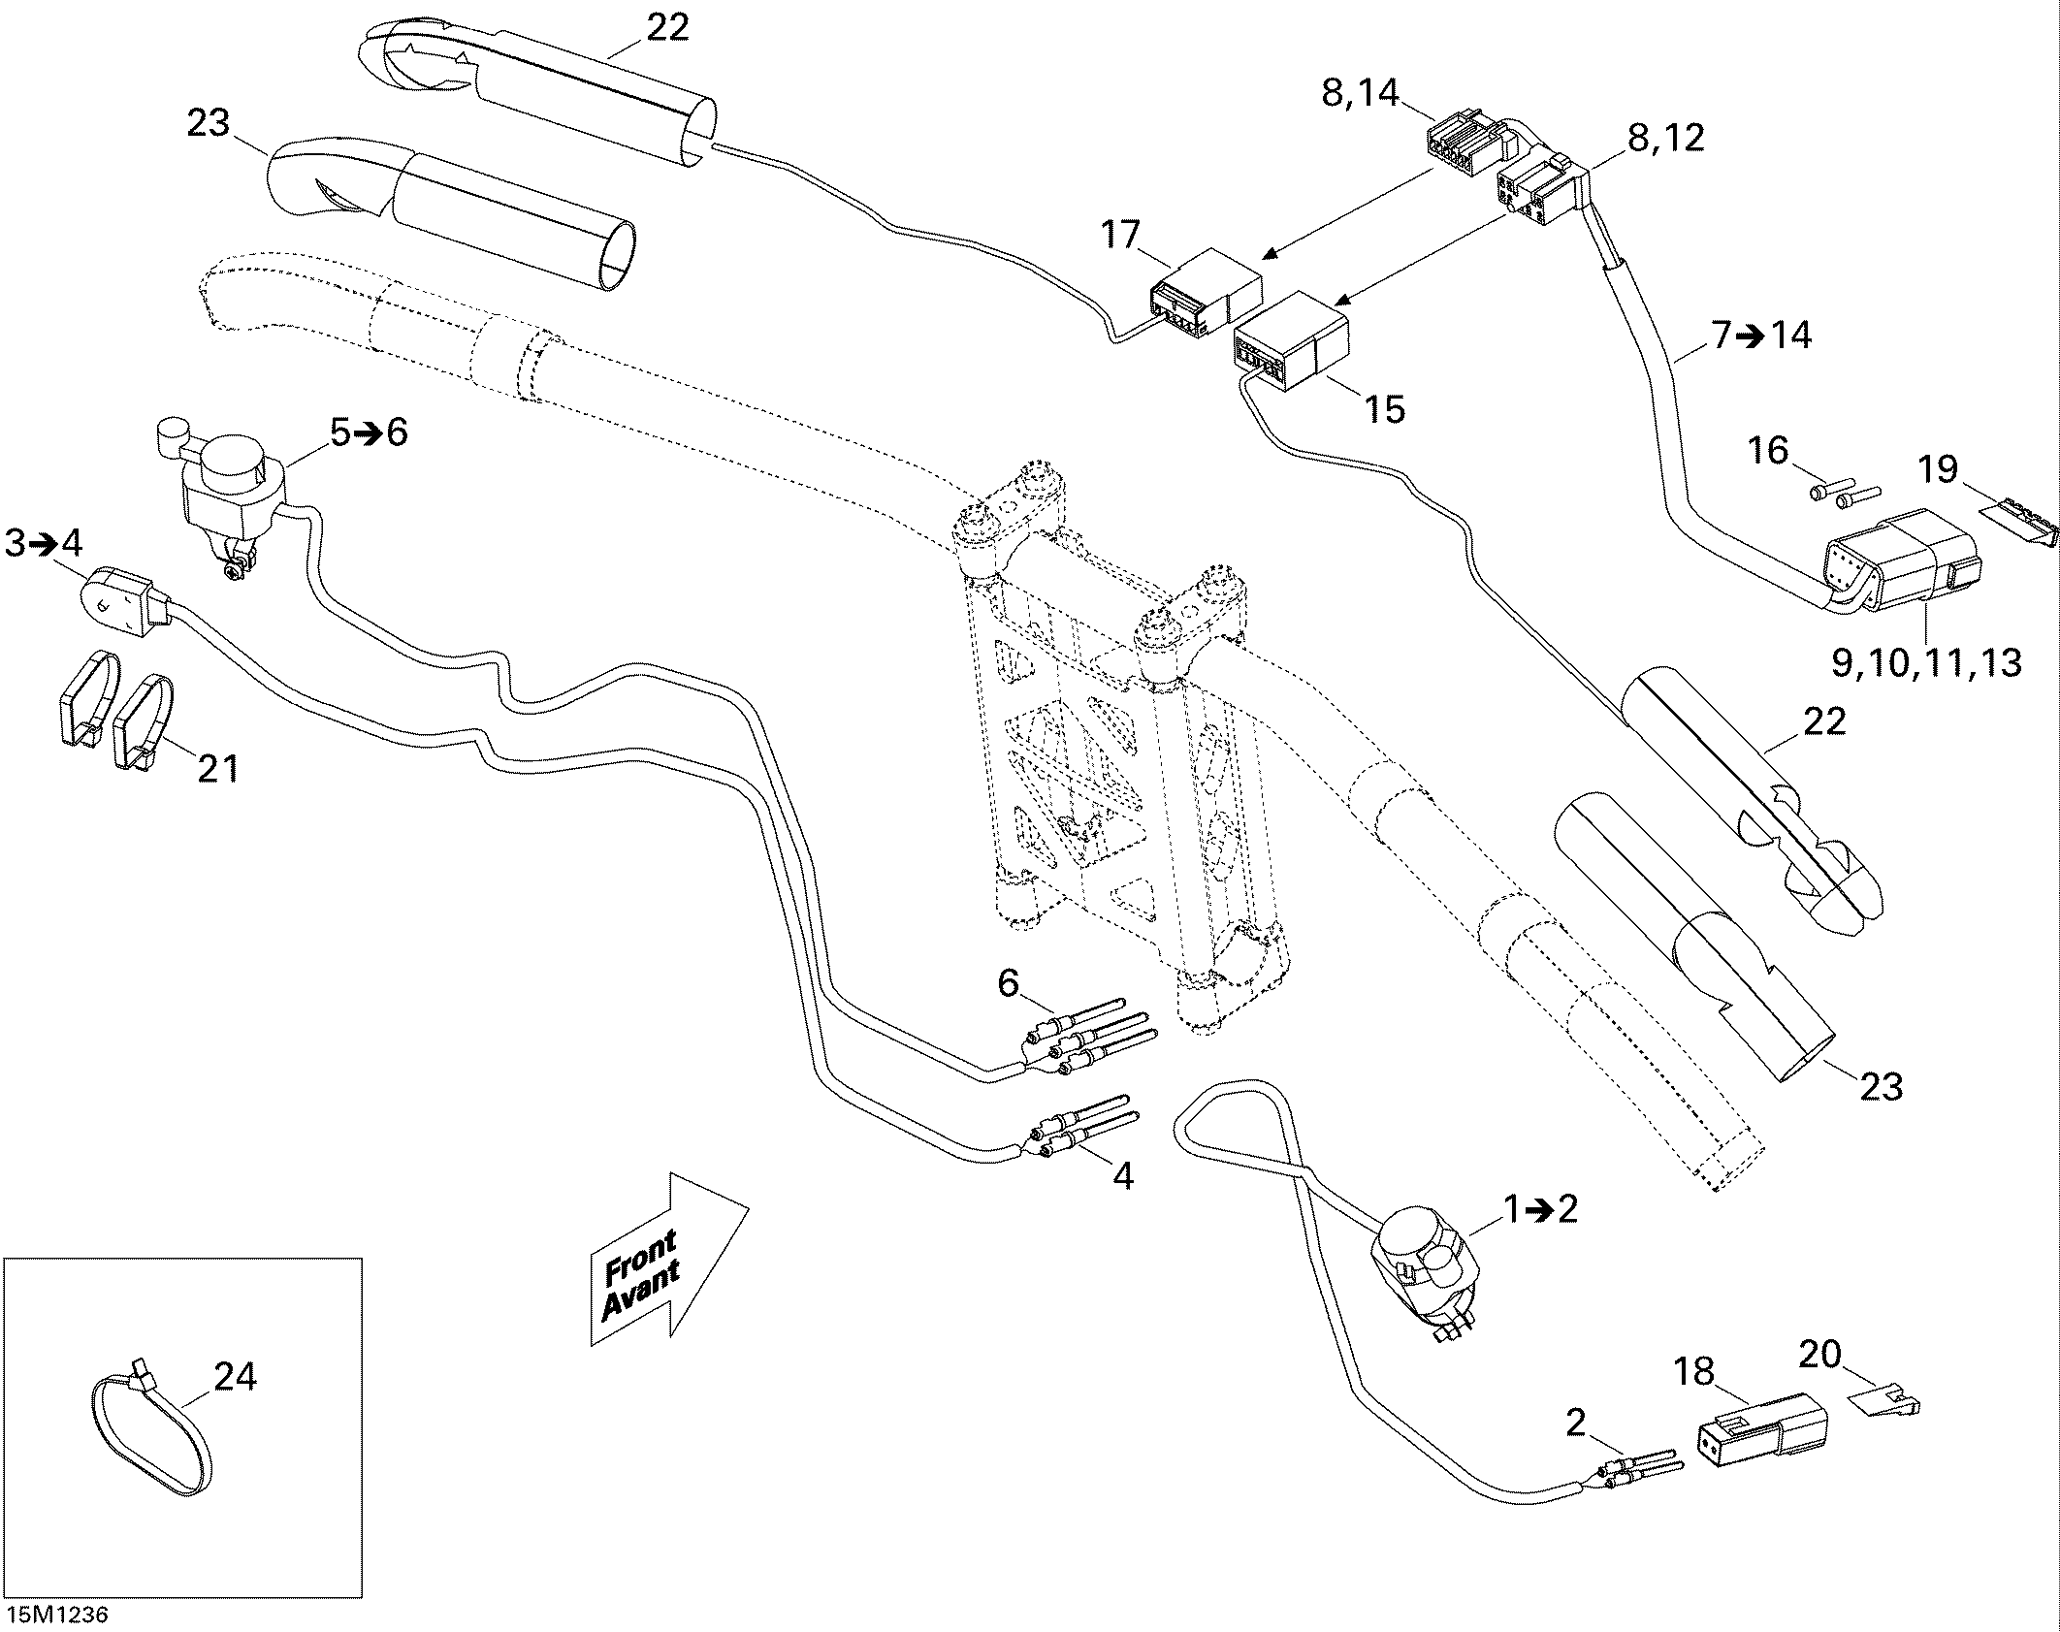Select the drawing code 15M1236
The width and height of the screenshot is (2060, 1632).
[x=57, y=1615]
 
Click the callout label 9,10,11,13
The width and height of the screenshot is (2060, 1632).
[x=1926, y=663]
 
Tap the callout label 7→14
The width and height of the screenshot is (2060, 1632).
[x=1760, y=335]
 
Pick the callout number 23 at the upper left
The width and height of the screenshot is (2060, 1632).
[x=208, y=123]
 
